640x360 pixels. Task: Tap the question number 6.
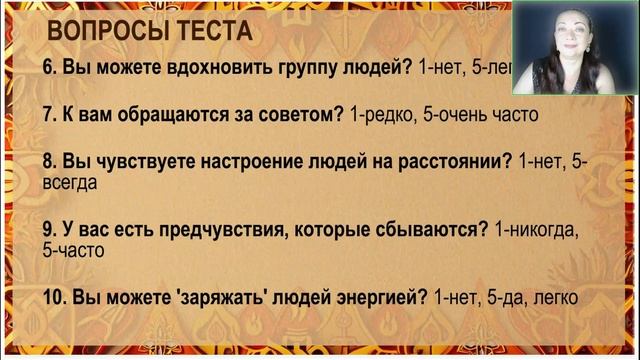pyautogui.click(x=49, y=69)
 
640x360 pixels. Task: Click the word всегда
pyautogui.click(x=70, y=183)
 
